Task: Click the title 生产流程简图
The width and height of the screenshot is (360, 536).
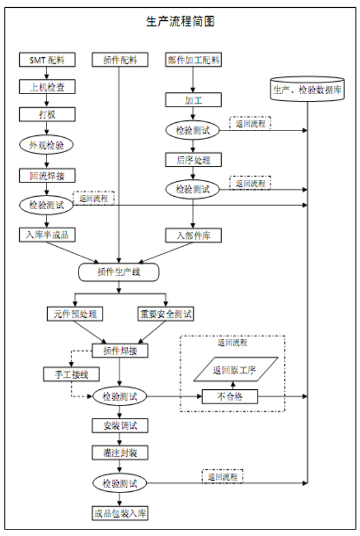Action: pyautogui.click(x=181, y=22)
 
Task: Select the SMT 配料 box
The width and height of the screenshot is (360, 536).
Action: pyautogui.click(x=47, y=60)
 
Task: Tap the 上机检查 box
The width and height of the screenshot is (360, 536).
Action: pyautogui.click(x=47, y=87)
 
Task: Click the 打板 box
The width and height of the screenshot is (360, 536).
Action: pyautogui.click(x=47, y=114)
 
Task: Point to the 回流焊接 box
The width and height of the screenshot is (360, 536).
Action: pyautogui.click(x=47, y=175)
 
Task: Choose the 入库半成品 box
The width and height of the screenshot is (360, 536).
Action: pyautogui.click(x=47, y=235)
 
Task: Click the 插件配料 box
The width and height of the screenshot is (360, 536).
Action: pyautogui.click(x=120, y=60)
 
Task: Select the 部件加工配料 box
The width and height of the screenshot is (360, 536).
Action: pyautogui.click(x=193, y=60)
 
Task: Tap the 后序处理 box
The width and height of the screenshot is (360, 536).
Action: pyautogui.click(x=193, y=160)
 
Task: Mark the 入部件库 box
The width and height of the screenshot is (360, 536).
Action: pyautogui.click(x=193, y=235)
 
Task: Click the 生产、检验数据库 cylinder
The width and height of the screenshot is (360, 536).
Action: pyautogui.click(x=308, y=89)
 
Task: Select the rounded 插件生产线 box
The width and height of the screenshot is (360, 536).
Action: pyautogui.click(x=120, y=272)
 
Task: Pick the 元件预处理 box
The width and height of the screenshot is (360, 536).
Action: pyautogui.click(x=75, y=314)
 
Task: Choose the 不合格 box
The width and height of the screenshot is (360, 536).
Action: pyautogui.click(x=228, y=396)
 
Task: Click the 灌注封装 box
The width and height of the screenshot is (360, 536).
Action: pyautogui.click(x=120, y=453)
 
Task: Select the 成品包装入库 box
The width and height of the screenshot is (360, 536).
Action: pyautogui.click(x=120, y=512)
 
